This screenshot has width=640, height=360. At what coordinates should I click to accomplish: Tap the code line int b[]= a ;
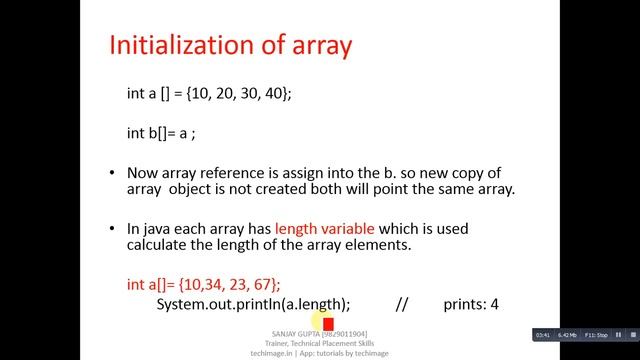coord(163,131)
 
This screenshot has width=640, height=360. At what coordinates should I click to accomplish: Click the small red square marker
coord(328,324)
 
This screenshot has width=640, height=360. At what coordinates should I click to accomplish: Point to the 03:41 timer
coord(544,333)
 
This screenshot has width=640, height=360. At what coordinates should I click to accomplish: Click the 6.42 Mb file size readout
coord(570,333)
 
